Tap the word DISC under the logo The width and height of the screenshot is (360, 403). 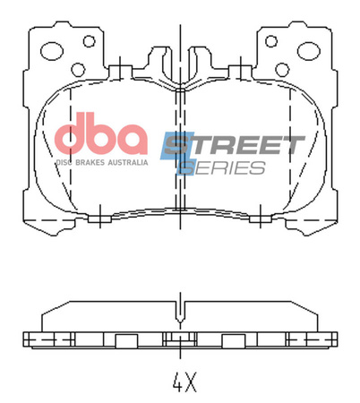[x=65, y=162]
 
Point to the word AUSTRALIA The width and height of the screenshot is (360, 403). [x=127, y=162]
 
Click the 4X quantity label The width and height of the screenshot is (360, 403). [x=183, y=382]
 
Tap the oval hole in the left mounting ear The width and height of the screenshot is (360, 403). [x=53, y=51]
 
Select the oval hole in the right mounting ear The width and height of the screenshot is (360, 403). [x=308, y=51]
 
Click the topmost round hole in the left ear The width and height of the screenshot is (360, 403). [x=89, y=41]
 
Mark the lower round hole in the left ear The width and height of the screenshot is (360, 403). [x=78, y=69]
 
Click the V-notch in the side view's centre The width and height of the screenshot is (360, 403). [x=181, y=315]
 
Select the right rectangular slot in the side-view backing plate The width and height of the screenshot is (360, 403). [x=234, y=339]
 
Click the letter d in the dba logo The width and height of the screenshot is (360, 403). [x=72, y=136]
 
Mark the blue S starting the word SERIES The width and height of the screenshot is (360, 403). [x=188, y=167]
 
